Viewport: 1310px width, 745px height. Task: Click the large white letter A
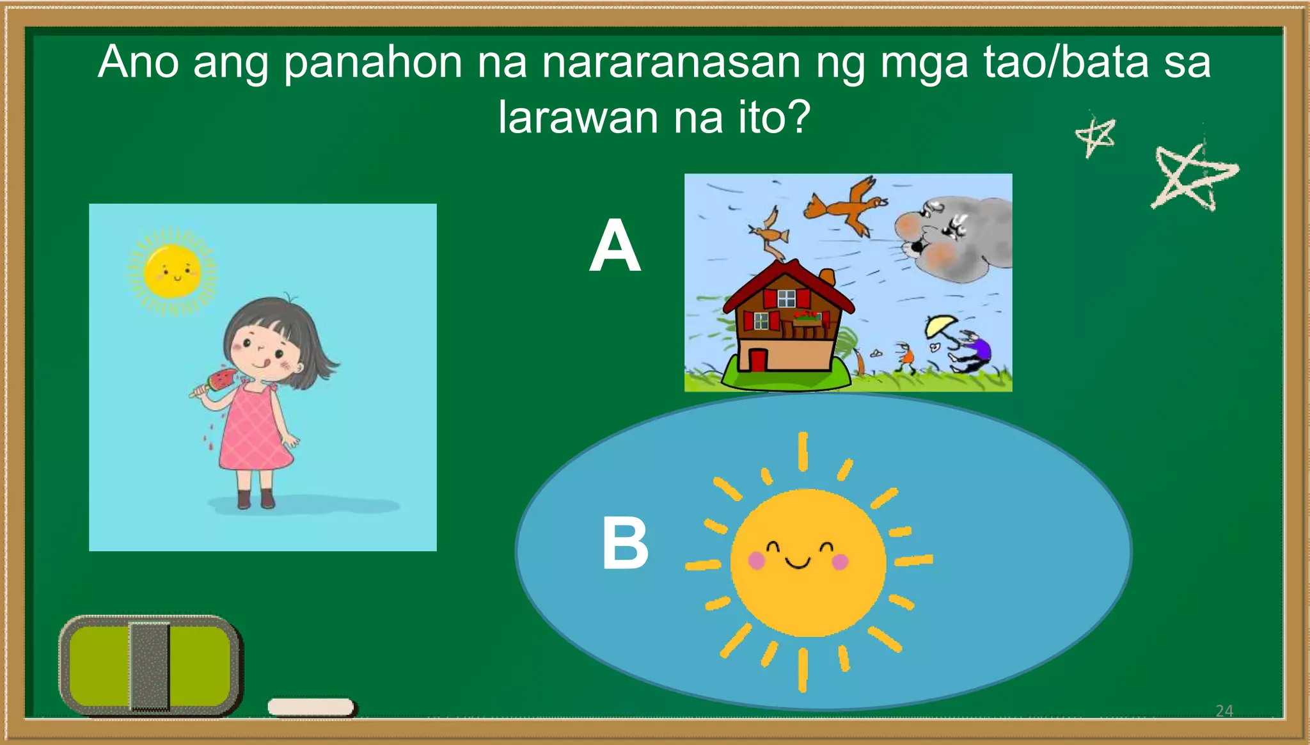tap(615, 245)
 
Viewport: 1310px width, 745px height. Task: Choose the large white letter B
tap(625, 543)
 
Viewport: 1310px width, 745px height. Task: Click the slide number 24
tap(1224, 710)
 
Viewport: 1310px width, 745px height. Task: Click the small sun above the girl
tap(172, 271)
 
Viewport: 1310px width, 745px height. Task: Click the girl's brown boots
tap(255, 499)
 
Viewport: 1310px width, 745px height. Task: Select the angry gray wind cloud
tap(954, 239)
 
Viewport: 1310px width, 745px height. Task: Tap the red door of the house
tap(758, 360)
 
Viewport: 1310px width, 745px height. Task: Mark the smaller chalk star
tap(1096, 136)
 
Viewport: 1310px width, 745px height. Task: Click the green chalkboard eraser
tap(150, 666)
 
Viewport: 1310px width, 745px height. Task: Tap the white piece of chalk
tap(311, 707)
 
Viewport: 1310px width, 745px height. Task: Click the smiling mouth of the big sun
tap(798, 564)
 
